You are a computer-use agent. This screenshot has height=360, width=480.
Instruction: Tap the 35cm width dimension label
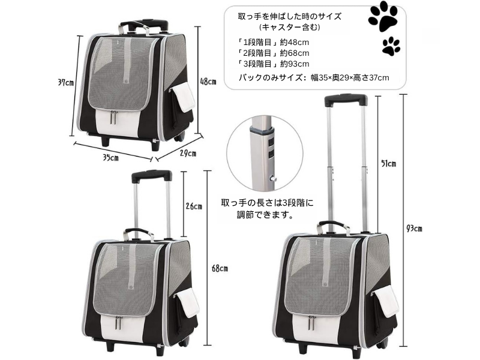(110, 158)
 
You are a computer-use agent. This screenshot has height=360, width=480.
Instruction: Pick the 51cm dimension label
(389, 163)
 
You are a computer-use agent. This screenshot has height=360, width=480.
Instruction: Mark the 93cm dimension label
(414, 228)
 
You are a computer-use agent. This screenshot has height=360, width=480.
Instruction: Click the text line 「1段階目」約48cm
(274, 42)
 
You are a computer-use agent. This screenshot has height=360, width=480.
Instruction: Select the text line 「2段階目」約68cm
(274, 53)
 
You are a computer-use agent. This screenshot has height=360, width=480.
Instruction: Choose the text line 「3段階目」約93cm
(274, 64)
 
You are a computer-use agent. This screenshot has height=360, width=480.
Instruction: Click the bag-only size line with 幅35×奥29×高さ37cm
(314, 77)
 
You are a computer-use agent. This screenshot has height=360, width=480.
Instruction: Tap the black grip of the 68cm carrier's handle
(151, 175)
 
